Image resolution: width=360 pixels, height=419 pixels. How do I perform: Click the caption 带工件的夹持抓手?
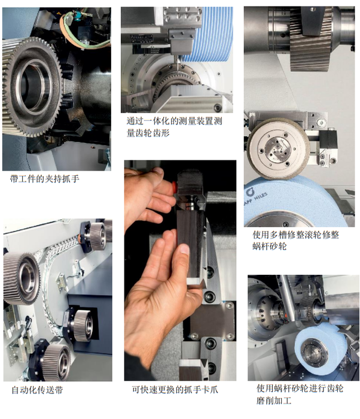pyautogui.click(x=45, y=178)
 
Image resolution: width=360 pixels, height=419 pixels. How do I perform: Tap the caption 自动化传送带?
pyautogui.click(x=38, y=390)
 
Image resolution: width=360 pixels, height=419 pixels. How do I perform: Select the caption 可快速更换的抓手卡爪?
pyautogui.click(x=175, y=389)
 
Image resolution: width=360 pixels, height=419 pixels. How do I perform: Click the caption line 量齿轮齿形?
pyautogui.click(x=148, y=133)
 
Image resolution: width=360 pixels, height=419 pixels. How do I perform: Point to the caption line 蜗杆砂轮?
pyautogui.click(x=270, y=246)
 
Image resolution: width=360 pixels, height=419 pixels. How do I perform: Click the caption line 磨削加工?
pyautogui.click(x=274, y=400)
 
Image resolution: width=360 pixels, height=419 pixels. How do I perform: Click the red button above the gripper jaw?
pyautogui.click(x=175, y=184)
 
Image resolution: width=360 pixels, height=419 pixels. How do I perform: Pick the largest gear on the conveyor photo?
pyautogui.click(x=21, y=279)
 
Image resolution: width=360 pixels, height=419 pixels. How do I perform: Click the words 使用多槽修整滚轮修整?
pyautogui.click(x=296, y=235)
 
